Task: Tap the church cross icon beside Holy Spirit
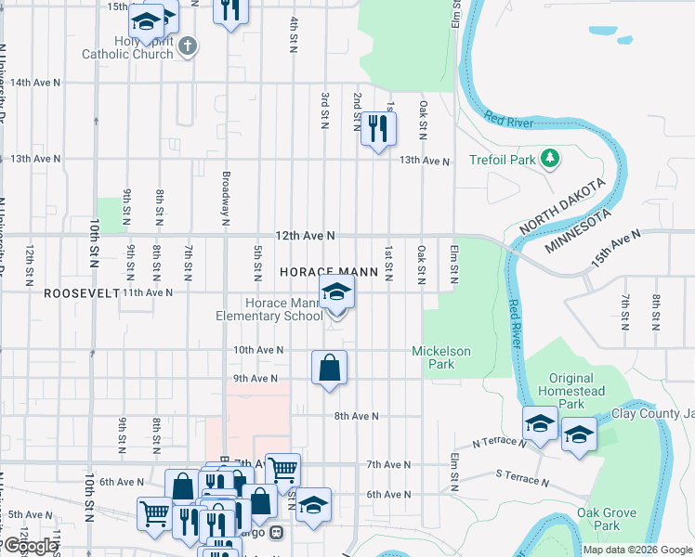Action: point(189,46)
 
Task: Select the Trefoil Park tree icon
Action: point(550,159)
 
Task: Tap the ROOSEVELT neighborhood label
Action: point(81,292)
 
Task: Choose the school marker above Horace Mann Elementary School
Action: point(337,292)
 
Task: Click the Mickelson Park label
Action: point(442,357)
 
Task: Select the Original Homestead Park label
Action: point(571,391)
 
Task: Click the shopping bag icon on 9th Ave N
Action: point(329,369)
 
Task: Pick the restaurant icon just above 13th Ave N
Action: point(377,127)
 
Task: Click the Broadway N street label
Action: point(226,200)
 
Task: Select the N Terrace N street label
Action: point(500,445)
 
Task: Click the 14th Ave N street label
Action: point(35,83)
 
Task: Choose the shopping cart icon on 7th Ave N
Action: point(282,471)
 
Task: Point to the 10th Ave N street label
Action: point(257,350)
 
